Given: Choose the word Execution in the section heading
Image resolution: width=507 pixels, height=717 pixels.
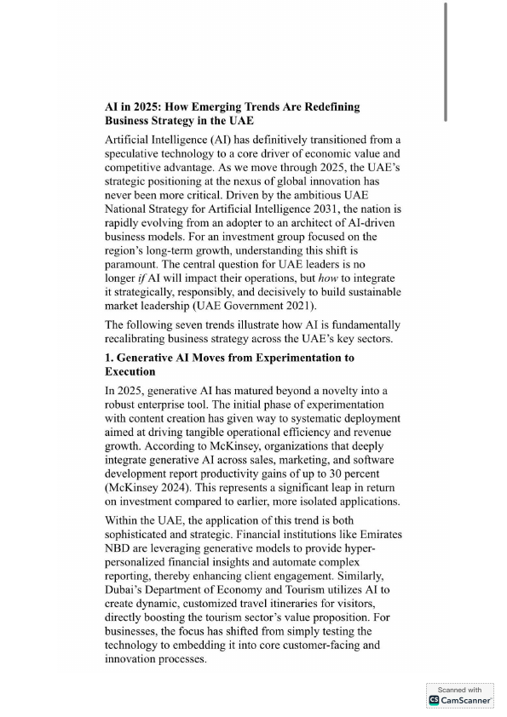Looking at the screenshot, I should (x=130, y=371).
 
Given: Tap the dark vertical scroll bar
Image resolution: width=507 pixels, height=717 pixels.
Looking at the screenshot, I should (x=445, y=60).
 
